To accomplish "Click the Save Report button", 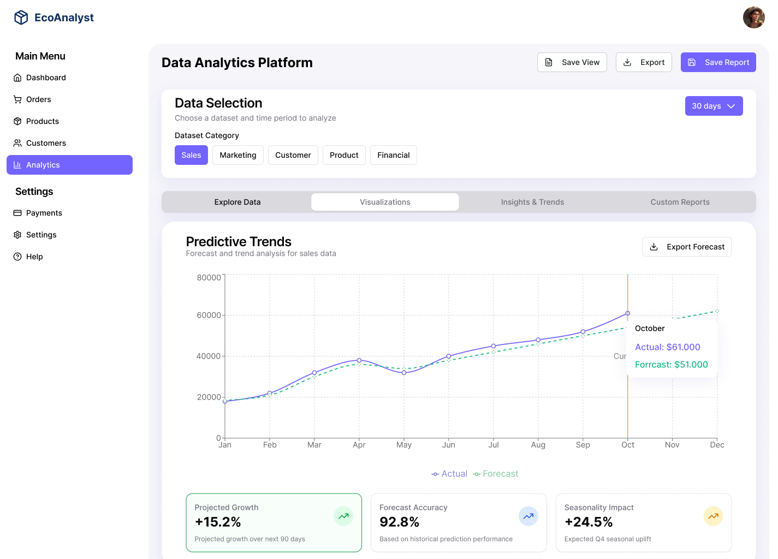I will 718,62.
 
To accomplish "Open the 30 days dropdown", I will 714,106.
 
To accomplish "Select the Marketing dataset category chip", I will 237,155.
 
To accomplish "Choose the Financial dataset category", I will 393,155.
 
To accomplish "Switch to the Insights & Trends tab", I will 532,202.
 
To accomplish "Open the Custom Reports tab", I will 680,202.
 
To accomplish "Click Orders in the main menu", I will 38,99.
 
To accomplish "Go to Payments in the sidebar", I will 44,213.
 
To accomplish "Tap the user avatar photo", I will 753,17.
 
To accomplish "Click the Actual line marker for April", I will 359,360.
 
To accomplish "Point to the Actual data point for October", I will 627,313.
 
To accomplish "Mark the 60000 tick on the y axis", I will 209,315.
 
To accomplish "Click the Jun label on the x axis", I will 449,445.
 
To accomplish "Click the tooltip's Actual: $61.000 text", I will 667,347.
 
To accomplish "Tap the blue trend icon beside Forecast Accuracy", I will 528,516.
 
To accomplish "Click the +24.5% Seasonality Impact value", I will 589,522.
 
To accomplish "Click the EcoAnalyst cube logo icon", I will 21,17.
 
